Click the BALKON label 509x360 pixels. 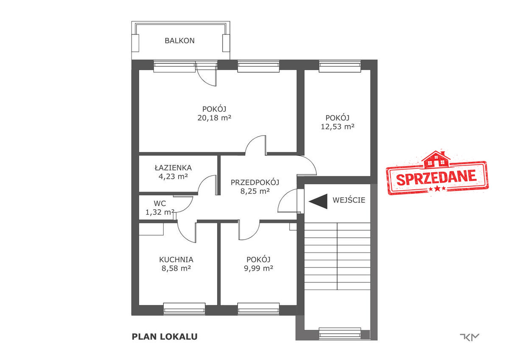coord(179,41)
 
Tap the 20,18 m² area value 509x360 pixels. coord(214,118)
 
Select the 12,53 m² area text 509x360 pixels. coord(338,127)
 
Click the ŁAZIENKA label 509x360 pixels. coord(173,168)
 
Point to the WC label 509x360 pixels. coord(160,203)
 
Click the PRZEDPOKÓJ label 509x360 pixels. coord(255,183)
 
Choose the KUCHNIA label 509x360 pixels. coord(176,259)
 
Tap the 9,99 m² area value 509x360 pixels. coord(258,268)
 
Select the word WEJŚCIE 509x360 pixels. coord(349,200)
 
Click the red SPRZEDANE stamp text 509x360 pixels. coord(436,177)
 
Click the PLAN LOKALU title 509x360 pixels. coord(165,337)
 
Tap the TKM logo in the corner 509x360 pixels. coord(470,337)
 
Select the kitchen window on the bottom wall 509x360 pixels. coord(184,309)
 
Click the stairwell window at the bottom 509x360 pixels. coord(340,334)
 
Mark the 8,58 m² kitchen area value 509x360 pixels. coord(176,268)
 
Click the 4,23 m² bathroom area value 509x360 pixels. coord(173,177)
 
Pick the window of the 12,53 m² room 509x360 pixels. coord(340,66)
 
